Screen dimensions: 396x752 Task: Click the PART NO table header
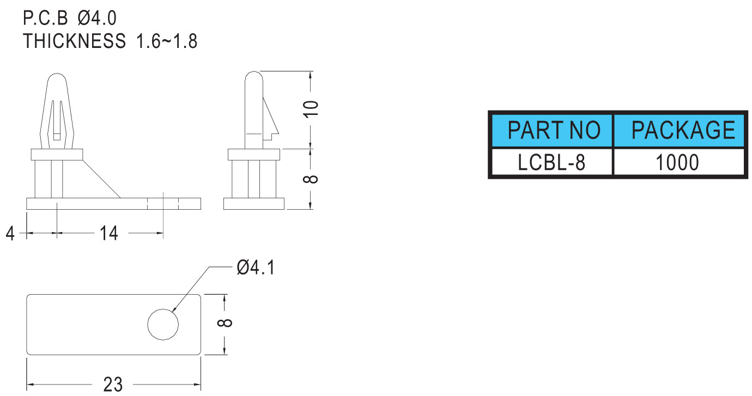(553, 131)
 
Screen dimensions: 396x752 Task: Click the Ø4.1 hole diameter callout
(256, 267)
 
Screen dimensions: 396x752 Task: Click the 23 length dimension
(113, 384)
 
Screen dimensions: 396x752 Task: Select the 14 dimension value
(109, 234)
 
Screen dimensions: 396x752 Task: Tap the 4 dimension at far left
(10, 234)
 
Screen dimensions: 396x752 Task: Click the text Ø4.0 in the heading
(97, 19)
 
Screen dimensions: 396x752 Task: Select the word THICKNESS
(75, 41)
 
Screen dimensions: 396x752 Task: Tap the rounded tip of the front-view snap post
(58, 80)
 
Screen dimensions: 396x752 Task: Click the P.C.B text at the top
(45, 19)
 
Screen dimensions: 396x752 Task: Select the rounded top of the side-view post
(253, 77)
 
